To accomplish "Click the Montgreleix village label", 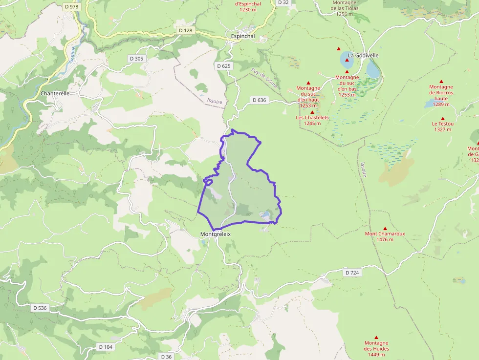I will pos(215,234).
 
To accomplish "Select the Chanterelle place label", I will pos(55,93).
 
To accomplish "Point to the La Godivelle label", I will pos(363,56).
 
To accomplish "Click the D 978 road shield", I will pos(71,6).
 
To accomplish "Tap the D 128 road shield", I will pos(186,30).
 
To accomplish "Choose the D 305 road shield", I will pos(137,59).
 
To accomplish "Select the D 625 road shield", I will pos(224,66).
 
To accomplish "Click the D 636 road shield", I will pos(260,100).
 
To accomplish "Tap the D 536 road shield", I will pos(41,308).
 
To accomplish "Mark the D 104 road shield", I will pos(105,347).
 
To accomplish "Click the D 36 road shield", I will pos(166,357).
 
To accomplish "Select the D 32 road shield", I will pos(283,2).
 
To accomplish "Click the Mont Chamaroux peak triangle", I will pos(385,228).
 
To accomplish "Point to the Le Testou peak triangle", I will pos(442,118).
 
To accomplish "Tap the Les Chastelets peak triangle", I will pos(312,112).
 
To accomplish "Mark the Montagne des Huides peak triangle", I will pos(376,337).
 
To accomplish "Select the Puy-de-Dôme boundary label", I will pos(264,78).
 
